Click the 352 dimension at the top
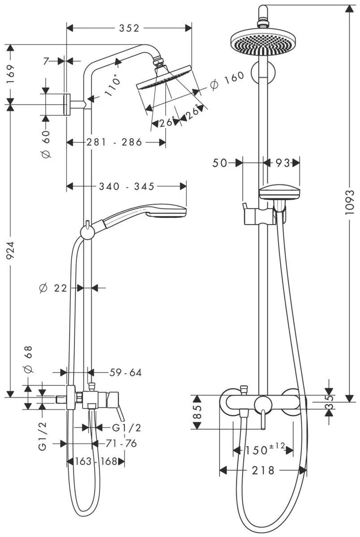coord(129,28)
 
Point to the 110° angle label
coord(113,86)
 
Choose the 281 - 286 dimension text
coord(114,142)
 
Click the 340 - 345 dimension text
coord(127,186)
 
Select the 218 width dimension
coord(263,470)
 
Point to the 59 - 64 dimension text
coord(125,372)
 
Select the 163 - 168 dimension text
coord(95,461)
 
